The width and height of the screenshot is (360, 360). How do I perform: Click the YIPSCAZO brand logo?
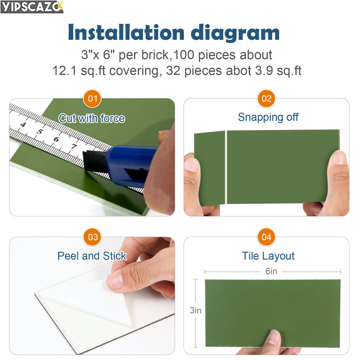click(32, 6)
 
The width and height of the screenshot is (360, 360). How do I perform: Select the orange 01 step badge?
click(92, 98)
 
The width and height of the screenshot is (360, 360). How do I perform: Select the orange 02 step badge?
click(266, 98)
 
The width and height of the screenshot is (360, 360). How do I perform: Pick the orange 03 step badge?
click(92, 237)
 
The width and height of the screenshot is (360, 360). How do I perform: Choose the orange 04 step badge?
click(266, 237)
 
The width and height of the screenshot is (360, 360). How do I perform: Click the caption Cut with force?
click(92, 118)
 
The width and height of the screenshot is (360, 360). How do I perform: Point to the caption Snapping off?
click(268, 117)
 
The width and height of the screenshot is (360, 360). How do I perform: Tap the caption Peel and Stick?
click(92, 256)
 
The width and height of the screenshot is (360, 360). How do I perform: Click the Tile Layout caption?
click(268, 256)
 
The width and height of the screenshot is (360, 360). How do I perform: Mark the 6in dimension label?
click(271, 271)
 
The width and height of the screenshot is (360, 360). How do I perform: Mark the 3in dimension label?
click(195, 310)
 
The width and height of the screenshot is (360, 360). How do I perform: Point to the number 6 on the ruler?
click(56, 139)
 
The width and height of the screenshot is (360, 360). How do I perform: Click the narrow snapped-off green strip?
click(210, 167)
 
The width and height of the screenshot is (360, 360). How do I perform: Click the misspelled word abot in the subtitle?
click(249, 70)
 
